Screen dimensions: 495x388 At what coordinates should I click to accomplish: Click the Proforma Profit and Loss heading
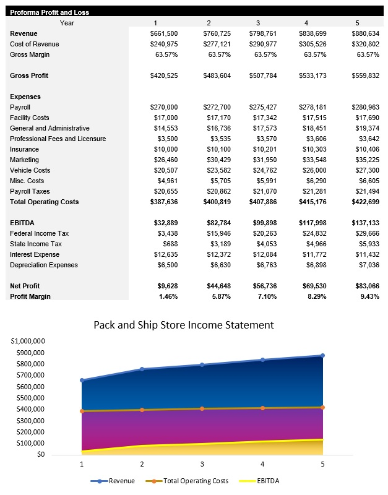click(x=49, y=12)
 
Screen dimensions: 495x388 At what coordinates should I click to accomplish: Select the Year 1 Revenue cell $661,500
click(x=164, y=33)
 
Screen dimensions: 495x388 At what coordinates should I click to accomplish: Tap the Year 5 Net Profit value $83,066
click(x=365, y=286)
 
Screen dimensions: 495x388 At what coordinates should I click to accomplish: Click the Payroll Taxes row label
click(x=30, y=191)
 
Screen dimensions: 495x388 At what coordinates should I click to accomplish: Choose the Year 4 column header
click(x=306, y=23)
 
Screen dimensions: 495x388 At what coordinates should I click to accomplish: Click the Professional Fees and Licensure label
click(x=58, y=139)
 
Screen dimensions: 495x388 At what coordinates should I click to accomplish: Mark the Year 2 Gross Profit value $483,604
click(x=217, y=75)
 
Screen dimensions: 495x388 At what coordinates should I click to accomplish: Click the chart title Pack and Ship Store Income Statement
click(x=183, y=325)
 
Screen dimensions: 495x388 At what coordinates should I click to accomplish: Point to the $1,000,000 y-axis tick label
click(x=28, y=341)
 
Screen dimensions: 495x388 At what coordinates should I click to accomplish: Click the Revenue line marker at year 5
click(x=322, y=356)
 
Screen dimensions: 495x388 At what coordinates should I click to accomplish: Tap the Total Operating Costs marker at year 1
click(x=82, y=411)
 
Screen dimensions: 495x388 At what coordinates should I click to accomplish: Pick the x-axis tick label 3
click(x=202, y=463)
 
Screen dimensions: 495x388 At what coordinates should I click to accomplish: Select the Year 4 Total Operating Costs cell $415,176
click(x=313, y=202)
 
